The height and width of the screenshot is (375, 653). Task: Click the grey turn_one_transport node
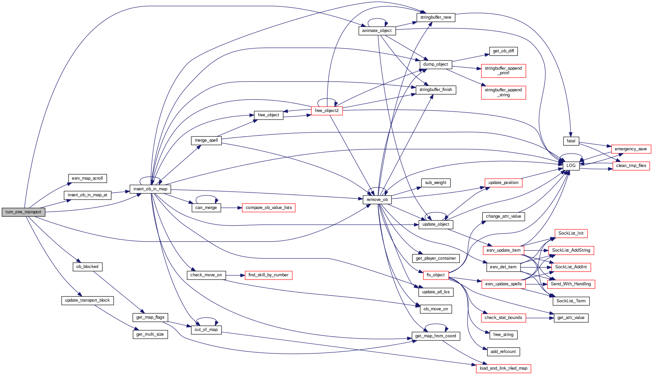pyautogui.click(x=23, y=212)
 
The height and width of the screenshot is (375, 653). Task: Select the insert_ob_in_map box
pyautogui.click(x=150, y=189)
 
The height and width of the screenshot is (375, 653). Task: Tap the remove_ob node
pyautogui.click(x=377, y=200)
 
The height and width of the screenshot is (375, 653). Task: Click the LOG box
pyautogui.click(x=571, y=166)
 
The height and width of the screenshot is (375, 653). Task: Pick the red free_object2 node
pyautogui.click(x=326, y=111)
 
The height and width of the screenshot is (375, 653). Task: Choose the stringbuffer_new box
pyautogui.click(x=436, y=17)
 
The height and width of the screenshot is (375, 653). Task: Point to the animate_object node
pyautogui.click(x=377, y=31)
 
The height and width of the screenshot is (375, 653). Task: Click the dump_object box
pyautogui.click(x=435, y=64)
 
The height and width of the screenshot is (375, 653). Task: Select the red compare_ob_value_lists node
pyautogui.click(x=269, y=208)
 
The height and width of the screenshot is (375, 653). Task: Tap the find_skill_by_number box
pyautogui.click(x=268, y=275)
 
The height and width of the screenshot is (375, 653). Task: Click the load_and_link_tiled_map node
pyautogui.click(x=503, y=368)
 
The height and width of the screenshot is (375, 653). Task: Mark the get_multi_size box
pyautogui.click(x=150, y=334)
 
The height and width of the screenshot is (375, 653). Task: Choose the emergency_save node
pyautogui.click(x=631, y=149)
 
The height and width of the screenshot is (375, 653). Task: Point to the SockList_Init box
pyautogui.click(x=571, y=233)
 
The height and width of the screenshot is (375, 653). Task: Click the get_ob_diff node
pyautogui.click(x=503, y=51)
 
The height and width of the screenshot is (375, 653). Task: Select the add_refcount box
pyautogui.click(x=503, y=352)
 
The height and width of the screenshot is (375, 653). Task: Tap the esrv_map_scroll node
pyautogui.click(x=87, y=178)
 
